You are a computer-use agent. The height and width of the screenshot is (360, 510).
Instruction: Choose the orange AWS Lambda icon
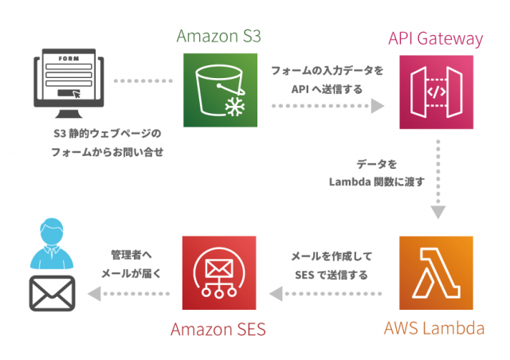(436, 272)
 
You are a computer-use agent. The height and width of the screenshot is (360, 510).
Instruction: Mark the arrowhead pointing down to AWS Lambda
(437, 212)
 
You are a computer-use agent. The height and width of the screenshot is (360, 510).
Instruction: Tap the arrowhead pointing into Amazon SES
(274, 295)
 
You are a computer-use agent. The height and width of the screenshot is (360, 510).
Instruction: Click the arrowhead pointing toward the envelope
(94, 295)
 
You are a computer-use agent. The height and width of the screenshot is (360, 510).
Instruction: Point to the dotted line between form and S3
(143, 81)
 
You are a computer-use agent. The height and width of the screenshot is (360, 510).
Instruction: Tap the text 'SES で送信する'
(331, 275)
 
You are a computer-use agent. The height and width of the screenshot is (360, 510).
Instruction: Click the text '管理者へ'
(131, 256)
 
